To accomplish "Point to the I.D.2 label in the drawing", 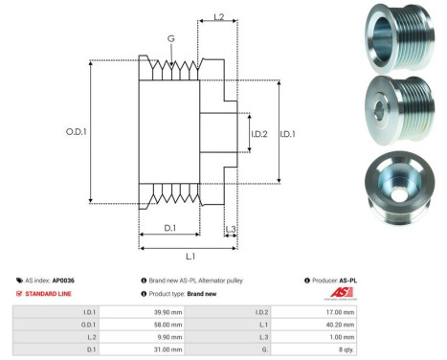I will click(259, 132).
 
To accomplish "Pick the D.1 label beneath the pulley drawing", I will click(169, 227).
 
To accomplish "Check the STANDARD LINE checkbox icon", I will click(19, 293).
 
